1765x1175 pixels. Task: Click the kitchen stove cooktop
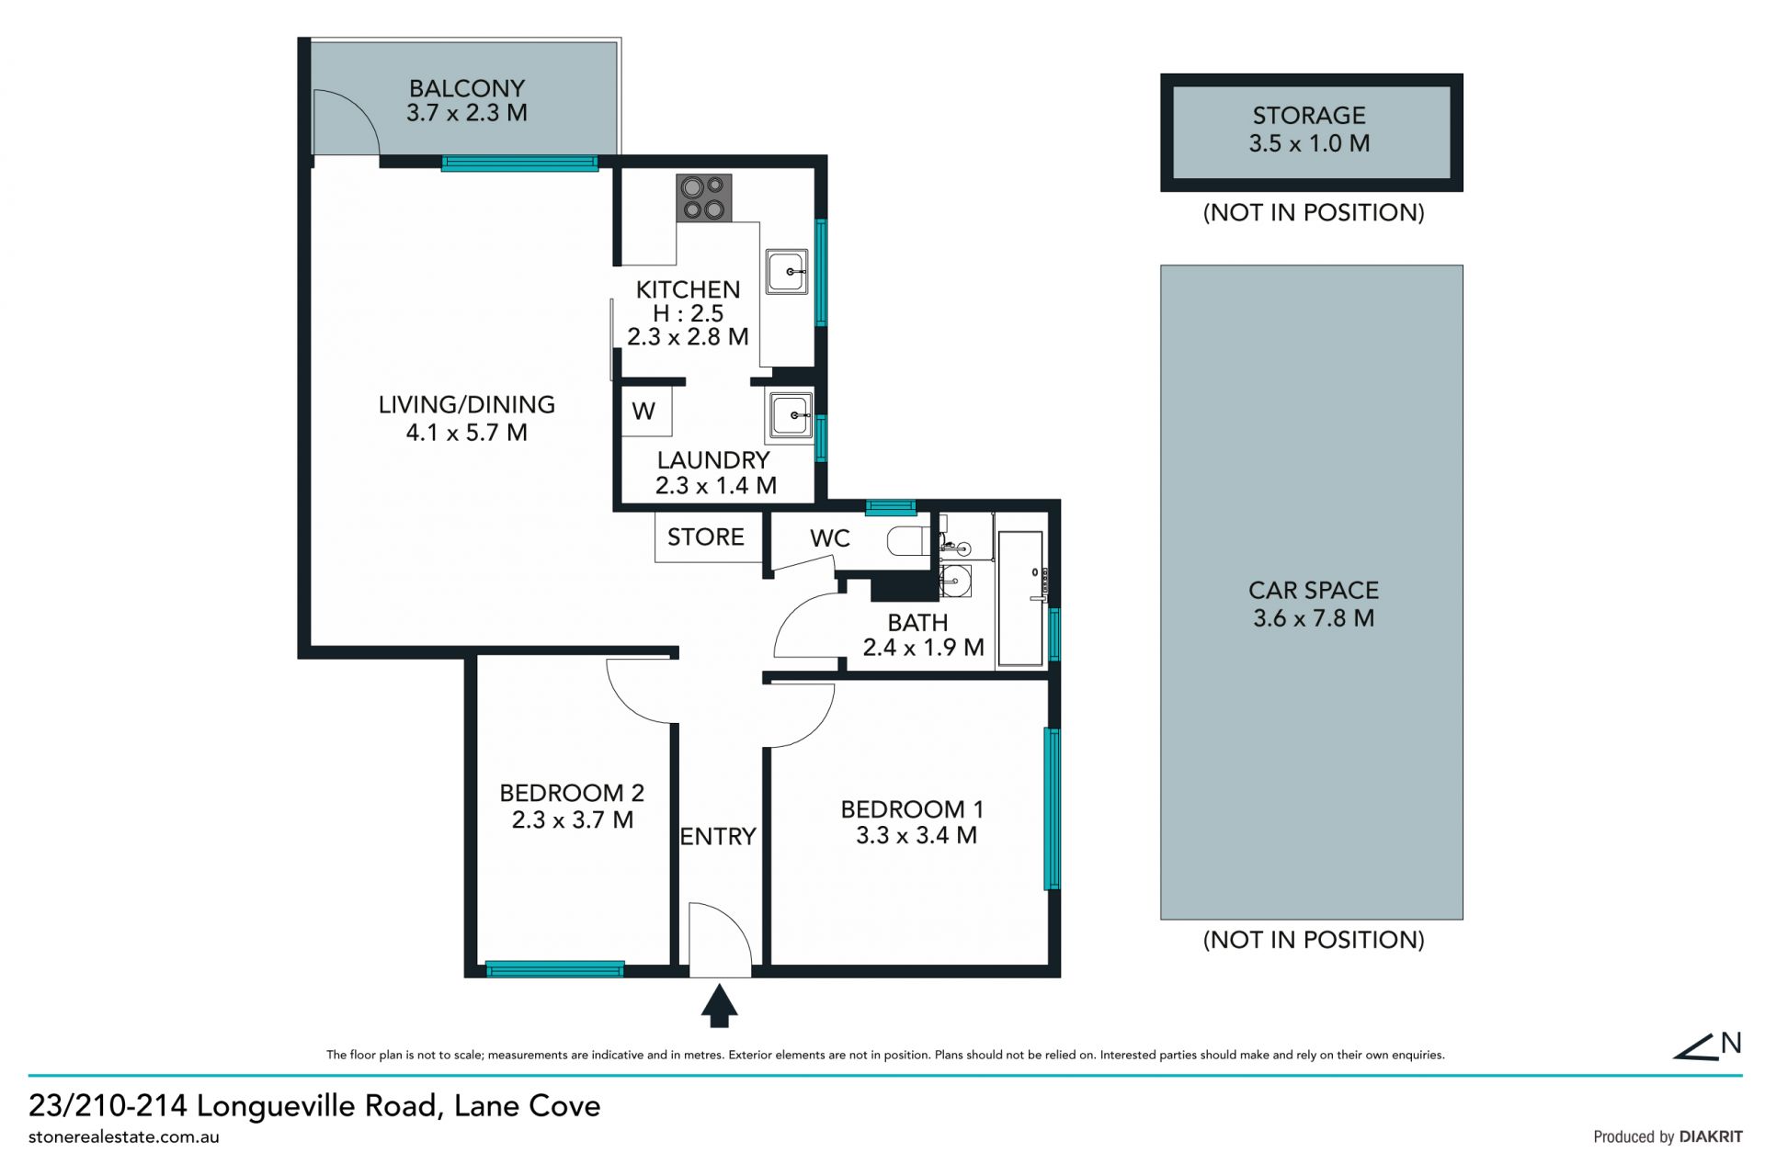tap(704, 198)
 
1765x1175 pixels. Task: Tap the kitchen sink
tap(787, 272)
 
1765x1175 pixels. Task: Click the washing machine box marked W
tap(647, 411)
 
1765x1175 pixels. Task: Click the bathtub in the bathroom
tap(1021, 597)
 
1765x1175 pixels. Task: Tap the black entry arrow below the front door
tap(720, 1005)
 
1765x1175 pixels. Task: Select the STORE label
tap(706, 537)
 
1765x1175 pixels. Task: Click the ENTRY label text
tap(718, 836)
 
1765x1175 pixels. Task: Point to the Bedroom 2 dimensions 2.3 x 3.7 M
tap(573, 819)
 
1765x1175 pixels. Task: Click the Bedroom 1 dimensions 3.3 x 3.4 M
tap(917, 835)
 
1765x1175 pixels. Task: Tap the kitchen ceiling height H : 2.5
tap(689, 313)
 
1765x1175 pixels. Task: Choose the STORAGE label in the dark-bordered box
tap(1309, 116)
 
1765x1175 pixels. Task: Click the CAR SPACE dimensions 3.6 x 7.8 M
tap(1314, 618)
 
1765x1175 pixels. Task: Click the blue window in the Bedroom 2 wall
tap(554, 968)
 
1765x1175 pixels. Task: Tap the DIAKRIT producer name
tap(1711, 1136)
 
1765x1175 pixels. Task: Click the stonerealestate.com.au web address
tap(124, 1137)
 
